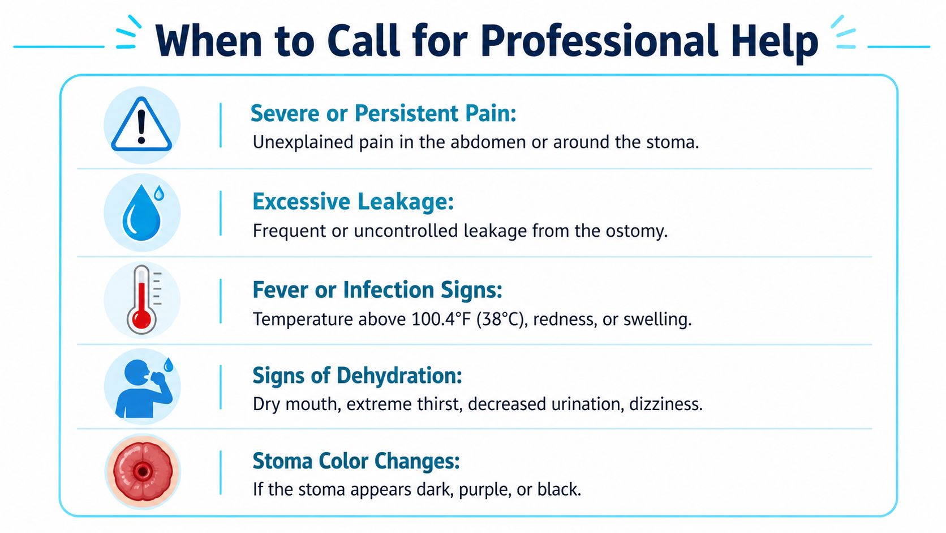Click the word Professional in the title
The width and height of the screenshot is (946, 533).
[599, 41]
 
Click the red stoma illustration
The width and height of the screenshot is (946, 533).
[143, 471]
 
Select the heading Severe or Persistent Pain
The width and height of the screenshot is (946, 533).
[384, 113]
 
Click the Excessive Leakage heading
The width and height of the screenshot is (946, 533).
[353, 201]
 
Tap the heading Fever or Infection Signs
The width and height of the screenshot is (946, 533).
[377, 290]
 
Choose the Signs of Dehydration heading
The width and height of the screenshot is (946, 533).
[357, 376]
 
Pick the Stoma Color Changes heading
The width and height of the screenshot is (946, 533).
[356, 460]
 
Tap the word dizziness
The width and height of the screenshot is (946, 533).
[666, 404]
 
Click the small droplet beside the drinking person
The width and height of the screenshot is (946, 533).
[169, 365]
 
